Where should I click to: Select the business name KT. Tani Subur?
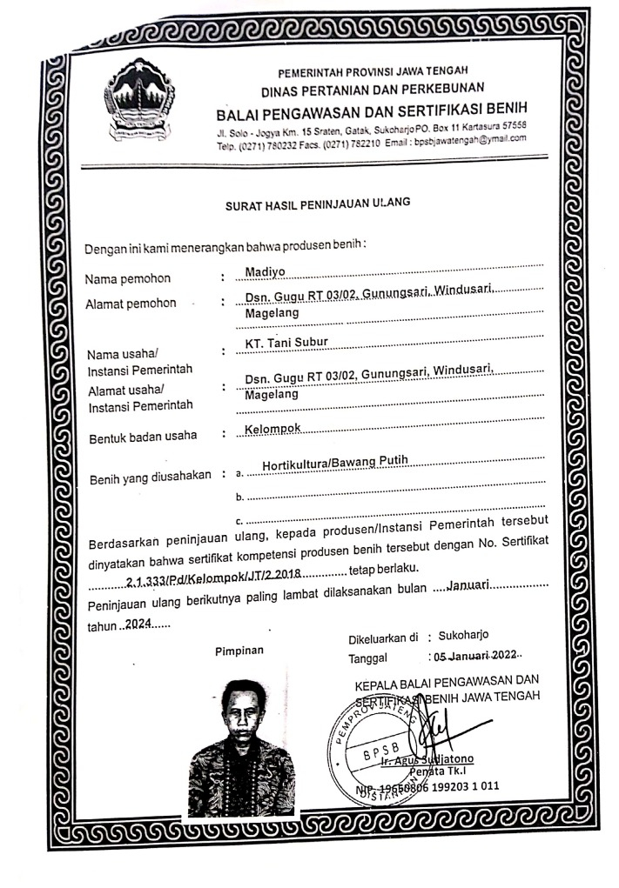[x=286, y=342]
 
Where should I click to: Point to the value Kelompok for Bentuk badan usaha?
[x=273, y=430]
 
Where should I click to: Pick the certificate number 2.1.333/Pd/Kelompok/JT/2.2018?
[x=212, y=576]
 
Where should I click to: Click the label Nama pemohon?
[x=127, y=279]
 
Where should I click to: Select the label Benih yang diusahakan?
[x=151, y=477]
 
